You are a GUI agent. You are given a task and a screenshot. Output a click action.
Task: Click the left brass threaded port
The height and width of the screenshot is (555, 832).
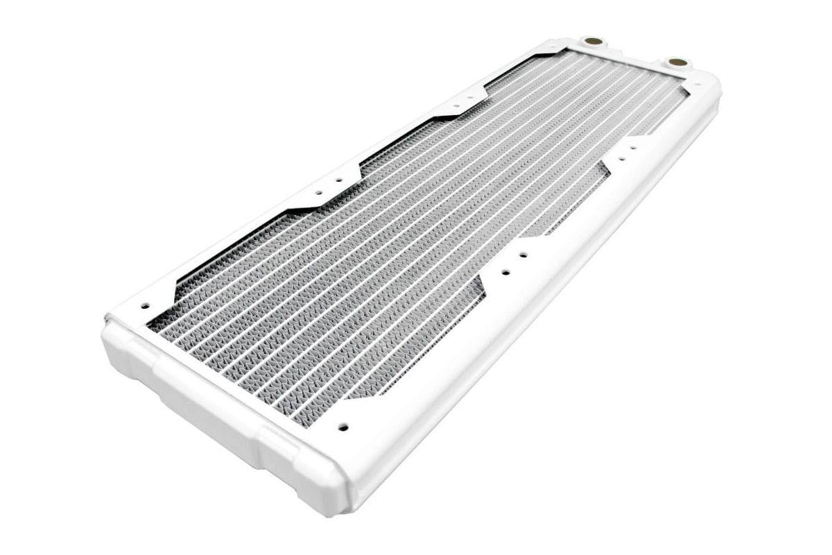592,42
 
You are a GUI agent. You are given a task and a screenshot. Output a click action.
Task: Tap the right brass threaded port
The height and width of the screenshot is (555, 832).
678,62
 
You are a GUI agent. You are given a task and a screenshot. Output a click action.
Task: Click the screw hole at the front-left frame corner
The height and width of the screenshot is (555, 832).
145,305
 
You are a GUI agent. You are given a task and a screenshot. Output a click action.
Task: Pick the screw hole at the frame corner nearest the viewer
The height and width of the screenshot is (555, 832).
343,427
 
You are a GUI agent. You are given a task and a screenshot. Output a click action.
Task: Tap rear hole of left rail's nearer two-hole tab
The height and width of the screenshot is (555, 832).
339,180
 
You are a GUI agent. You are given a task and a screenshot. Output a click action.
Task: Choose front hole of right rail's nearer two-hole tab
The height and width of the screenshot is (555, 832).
505,272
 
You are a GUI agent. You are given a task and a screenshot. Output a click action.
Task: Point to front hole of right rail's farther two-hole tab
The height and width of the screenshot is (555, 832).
622,158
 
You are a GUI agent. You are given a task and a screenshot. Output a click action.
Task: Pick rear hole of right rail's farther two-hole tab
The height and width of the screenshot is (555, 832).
632,148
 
